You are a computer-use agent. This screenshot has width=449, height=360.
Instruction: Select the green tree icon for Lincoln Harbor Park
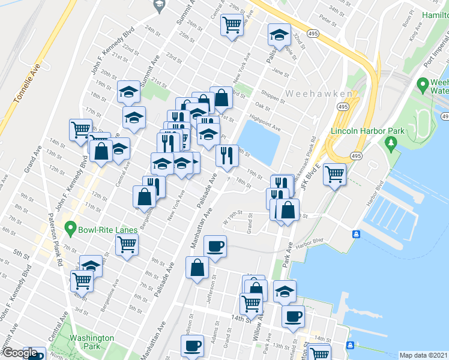392,143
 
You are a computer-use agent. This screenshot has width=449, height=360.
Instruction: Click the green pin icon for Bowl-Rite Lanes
71,229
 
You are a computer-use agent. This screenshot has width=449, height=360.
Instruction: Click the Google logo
19,353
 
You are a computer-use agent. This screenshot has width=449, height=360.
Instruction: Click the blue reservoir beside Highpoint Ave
260,142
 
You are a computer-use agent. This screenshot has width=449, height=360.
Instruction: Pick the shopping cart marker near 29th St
231,25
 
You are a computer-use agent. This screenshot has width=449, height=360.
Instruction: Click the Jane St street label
277,71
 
